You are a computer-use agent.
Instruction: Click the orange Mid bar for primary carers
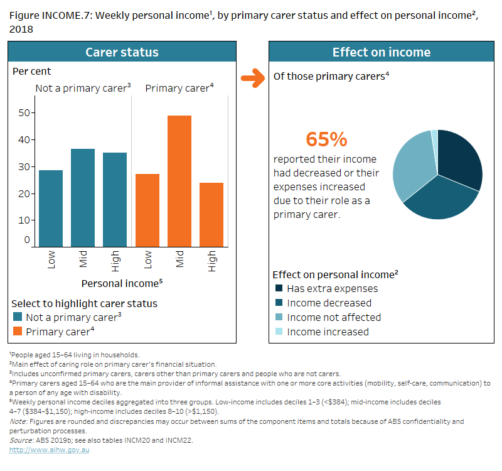pos(179,181)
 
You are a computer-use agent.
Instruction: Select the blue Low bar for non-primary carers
pos(51,208)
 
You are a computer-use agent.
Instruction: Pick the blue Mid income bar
pos(83,198)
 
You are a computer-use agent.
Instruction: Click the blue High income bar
pos(115,200)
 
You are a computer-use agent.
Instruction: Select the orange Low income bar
pos(147,210)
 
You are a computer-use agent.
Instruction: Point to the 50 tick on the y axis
pos(25,113)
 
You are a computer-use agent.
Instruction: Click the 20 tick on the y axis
pos(25,193)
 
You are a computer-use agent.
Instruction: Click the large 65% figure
pos(326,139)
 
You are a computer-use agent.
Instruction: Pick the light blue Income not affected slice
pos(411,166)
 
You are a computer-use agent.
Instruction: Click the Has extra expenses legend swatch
pos(279,289)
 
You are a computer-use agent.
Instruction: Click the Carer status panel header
pos(122,52)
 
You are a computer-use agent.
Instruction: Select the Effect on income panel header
pos(381,52)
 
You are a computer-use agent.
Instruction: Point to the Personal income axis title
pos(122,283)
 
